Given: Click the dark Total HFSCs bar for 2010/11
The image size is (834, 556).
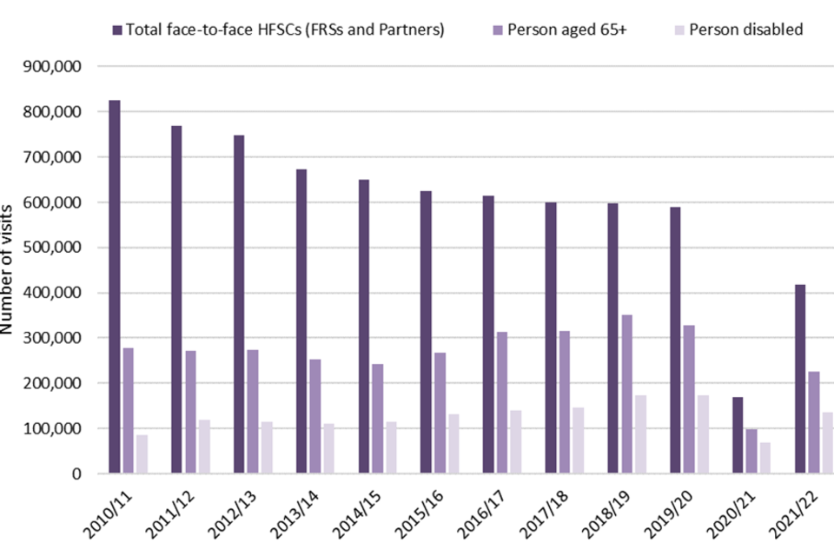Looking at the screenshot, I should [x=115, y=287].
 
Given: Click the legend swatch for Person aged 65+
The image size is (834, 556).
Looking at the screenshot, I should [x=497, y=30].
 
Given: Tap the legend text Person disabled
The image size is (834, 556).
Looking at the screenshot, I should [x=745, y=30].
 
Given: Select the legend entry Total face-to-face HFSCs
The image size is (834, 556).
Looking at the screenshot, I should [x=285, y=30].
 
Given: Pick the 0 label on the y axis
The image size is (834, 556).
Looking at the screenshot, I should [x=77, y=473].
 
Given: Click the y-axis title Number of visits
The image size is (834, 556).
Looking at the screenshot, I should [x=9, y=270].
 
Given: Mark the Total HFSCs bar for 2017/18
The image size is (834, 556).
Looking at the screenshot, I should [x=551, y=338].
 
